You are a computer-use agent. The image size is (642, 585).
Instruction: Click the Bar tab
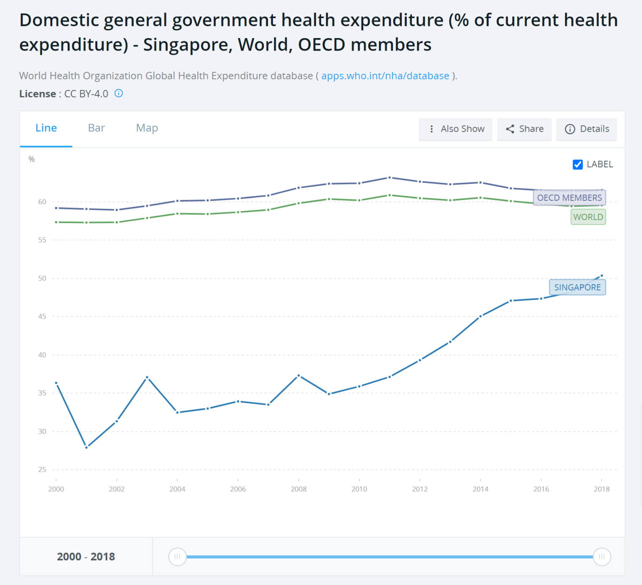(96, 128)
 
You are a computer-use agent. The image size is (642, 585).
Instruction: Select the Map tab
(147, 128)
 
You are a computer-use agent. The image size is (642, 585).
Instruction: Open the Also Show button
(456, 129)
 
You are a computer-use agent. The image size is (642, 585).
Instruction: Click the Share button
(525, 129)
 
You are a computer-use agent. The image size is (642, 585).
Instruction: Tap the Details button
(586, 129)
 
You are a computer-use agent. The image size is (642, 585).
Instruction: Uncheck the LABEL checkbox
(578, 164)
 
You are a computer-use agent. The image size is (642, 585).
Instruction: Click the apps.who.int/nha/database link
(385, 76)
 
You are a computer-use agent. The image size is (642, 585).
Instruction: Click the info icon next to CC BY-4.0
(119, 93)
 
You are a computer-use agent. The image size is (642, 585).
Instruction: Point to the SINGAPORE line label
(577, 287)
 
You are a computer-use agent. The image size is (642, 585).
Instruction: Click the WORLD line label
(588, 217)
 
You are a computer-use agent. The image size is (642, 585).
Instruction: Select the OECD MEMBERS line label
(569, 198)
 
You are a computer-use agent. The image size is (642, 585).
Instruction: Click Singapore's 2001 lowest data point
(87, 447)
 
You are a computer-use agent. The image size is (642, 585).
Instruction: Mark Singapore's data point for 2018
(601, 276)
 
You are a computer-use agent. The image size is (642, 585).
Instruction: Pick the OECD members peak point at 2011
(390, 178)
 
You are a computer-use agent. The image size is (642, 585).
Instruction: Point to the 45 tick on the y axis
(42, 317)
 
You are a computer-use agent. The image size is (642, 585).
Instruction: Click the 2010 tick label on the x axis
(359, 489)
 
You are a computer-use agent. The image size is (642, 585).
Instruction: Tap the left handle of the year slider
(177, 557)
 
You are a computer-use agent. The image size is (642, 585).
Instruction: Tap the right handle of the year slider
(602, 557)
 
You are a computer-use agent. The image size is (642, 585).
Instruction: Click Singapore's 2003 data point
(147, 377)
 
